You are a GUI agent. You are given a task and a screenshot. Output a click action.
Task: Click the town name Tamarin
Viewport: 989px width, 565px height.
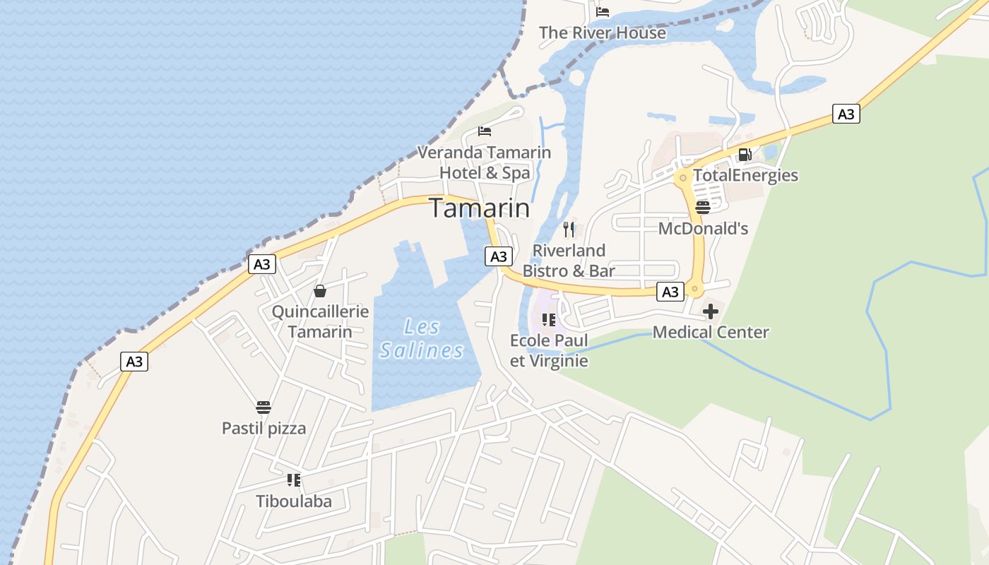click(480, 208)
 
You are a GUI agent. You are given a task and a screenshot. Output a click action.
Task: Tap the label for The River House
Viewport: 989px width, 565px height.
click(602, 32)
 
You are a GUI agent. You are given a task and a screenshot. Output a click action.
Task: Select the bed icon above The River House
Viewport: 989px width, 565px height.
click(603, 11)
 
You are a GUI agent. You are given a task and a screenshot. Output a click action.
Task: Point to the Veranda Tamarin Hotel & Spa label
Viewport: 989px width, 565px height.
click(485, 162)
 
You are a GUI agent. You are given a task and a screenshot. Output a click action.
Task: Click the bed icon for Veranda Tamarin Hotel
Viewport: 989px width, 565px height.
click(485, 131)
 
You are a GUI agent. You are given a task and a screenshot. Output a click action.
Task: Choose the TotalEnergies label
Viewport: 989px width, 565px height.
click(745, 175)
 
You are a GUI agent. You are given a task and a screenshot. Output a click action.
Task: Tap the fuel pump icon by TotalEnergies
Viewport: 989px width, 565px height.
click(745, 155)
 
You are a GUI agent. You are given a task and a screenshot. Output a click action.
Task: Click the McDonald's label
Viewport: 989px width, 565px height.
click(703, 228)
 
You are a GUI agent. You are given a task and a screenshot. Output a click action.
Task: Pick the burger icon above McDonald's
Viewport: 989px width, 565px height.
click(702, 207)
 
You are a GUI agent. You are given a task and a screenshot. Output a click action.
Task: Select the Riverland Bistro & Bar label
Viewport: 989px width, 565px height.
click(569, 260)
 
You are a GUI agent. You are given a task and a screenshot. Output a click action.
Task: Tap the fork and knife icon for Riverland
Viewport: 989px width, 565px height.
click(569, 229)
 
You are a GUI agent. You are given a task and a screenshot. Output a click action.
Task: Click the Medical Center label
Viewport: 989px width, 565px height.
click(711, 332)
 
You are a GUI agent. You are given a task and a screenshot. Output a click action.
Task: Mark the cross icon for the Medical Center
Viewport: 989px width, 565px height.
click(711, 311)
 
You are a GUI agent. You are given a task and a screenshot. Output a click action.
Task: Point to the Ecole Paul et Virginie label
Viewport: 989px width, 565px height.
click(549, 350)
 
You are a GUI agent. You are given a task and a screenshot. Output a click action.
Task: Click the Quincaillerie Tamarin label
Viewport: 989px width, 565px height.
click(320, 321)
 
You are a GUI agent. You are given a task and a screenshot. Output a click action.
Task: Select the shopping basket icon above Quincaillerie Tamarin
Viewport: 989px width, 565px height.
click(320, 291)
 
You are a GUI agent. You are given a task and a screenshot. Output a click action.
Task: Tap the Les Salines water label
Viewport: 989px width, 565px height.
click(422, 338)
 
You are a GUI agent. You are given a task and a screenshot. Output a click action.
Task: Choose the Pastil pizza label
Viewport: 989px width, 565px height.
click(263, 428)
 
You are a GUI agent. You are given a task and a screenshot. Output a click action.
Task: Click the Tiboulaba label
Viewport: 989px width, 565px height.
click(293, 501)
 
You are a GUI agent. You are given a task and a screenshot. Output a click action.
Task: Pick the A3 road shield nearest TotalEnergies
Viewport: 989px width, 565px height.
click(846, 114)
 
